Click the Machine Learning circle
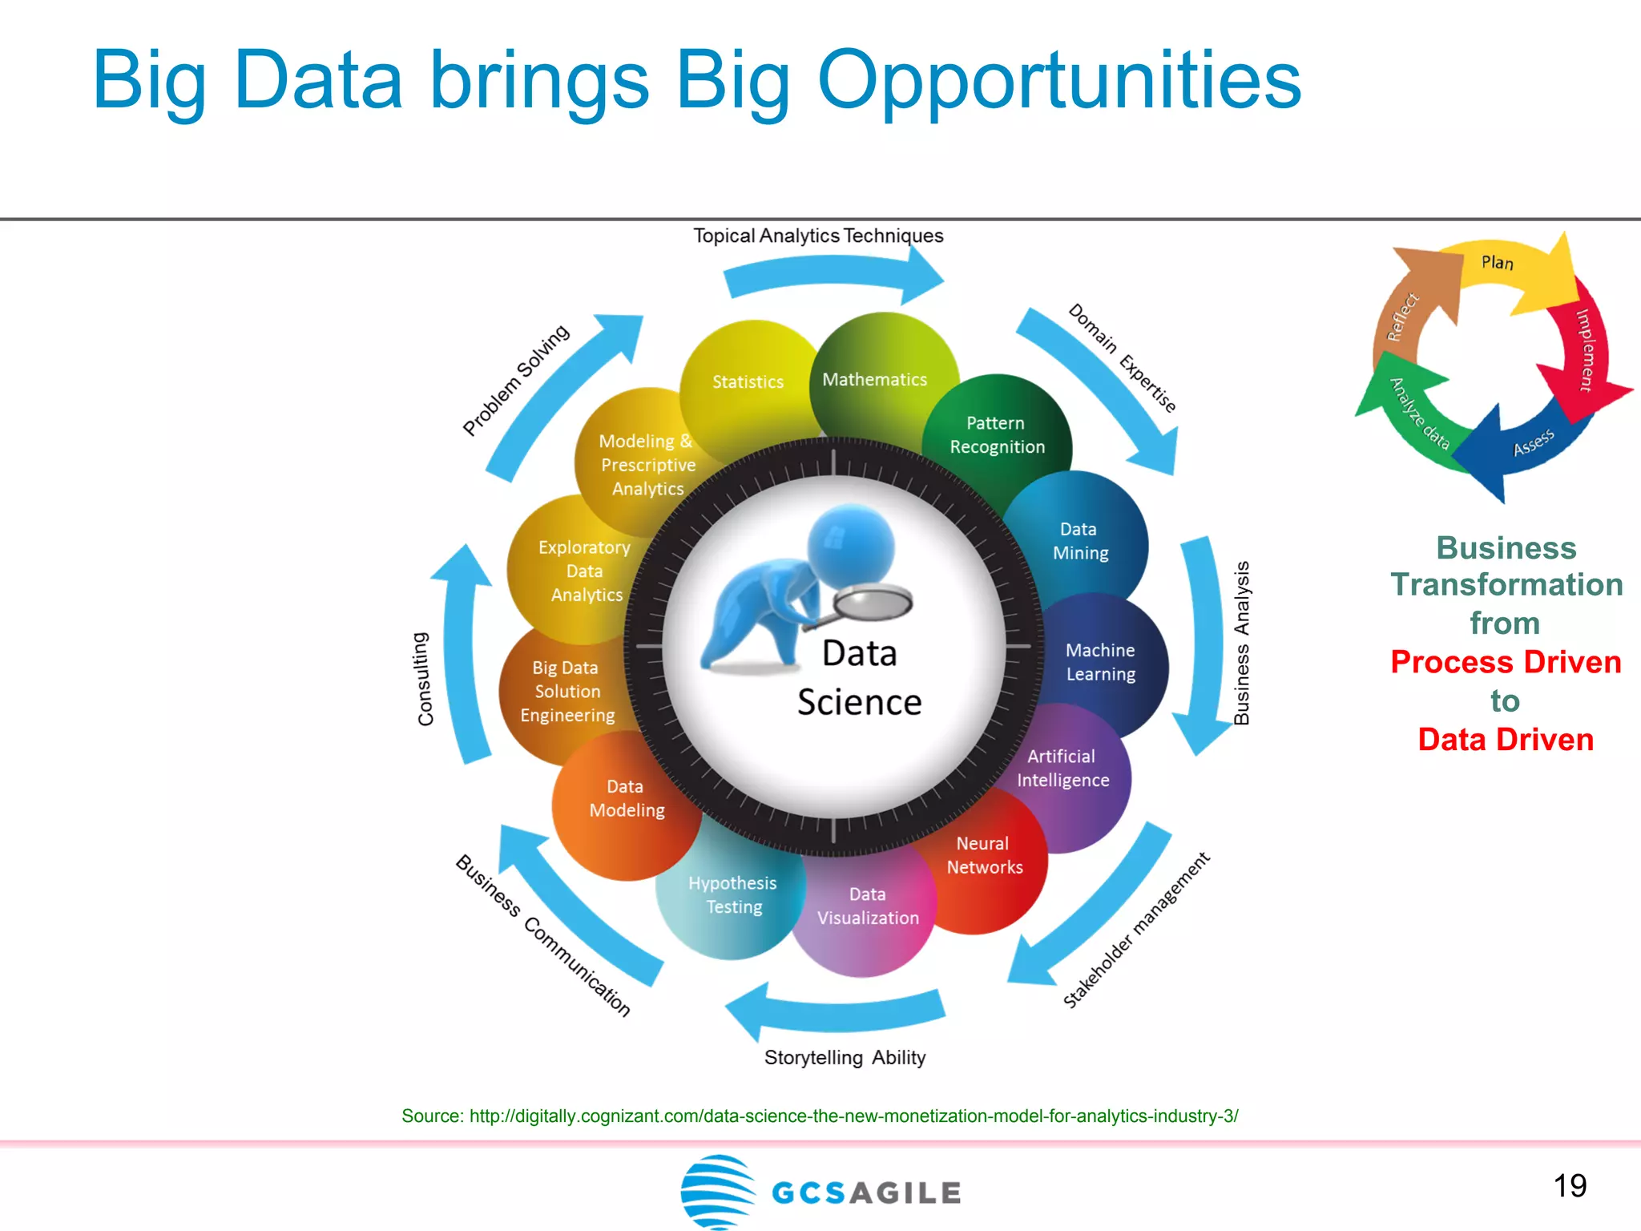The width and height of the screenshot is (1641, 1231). click(x=1100, y=662)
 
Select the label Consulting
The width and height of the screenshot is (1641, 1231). click(x=424, y=679)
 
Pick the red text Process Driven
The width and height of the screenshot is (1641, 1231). click(x=1506, y=662)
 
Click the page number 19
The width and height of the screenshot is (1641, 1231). click(x=1570, y=1185)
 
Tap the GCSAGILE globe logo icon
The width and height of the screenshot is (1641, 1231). click(x=717, y=1191)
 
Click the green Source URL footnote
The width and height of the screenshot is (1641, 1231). click(x=820, y=1116)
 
